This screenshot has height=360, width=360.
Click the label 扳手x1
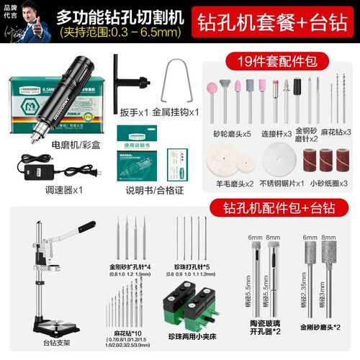pos(133,112)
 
